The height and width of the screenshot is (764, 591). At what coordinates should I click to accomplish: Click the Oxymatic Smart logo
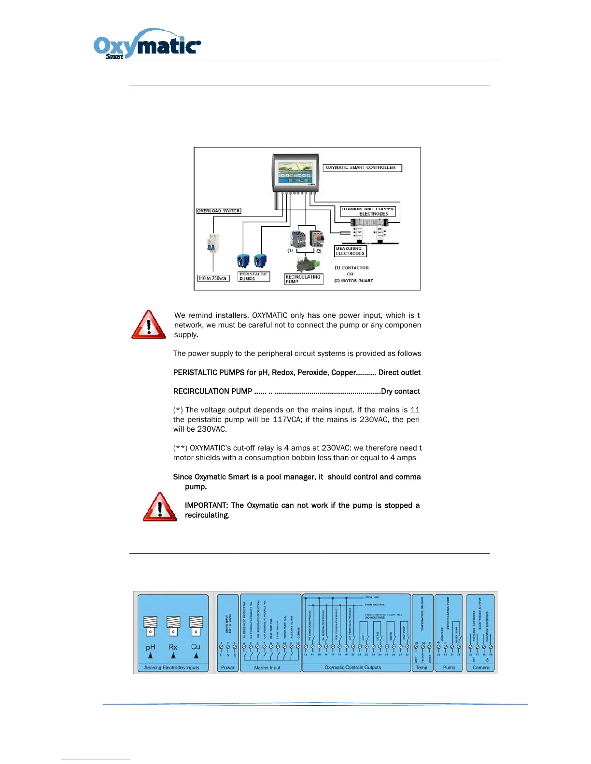pos(147,44)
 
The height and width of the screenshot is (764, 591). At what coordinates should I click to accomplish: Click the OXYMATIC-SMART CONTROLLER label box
pos(362,168)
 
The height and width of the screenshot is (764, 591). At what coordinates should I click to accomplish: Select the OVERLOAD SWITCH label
pos(218,211)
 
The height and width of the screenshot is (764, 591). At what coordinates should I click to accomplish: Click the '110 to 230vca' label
pos(213,278)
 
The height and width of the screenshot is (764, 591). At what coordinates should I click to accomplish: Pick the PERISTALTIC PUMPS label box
pos(254,276)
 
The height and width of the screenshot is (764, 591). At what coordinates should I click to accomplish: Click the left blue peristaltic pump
pos(242,261)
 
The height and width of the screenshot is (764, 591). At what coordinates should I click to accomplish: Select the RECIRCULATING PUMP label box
pos(303,279)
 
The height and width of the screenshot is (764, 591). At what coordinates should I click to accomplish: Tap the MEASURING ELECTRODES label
pos(350,251)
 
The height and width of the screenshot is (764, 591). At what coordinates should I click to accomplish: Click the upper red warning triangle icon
pos(149,325)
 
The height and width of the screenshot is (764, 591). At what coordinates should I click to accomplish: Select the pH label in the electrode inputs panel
pos(151,647)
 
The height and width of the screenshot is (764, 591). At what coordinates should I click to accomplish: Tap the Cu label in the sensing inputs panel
pos(196,647)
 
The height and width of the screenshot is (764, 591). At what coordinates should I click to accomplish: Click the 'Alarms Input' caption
pos(267,668)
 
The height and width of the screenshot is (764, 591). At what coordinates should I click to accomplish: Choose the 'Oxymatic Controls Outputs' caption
pos(352,668)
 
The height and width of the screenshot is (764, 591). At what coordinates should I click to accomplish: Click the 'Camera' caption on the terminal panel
pos(481,668)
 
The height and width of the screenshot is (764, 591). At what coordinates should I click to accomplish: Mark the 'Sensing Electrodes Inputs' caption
pos(171,668)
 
